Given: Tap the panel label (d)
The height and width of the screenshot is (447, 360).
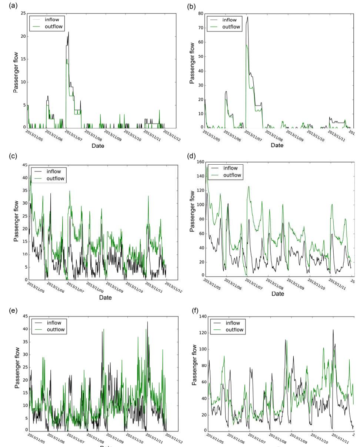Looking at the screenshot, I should point(192,156).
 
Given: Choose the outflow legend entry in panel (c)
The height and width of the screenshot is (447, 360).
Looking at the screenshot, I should point(55,179).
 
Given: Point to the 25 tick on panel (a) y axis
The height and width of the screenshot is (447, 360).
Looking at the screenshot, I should point(23,14).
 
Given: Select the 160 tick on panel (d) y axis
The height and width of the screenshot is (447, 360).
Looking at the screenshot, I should point(200,162).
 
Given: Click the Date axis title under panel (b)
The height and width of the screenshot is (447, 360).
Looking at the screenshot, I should point(277,145).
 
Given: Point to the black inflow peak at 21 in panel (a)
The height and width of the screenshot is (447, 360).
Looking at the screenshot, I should point(68,32).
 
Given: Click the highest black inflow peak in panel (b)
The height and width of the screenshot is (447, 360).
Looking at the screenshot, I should point(247,17).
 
